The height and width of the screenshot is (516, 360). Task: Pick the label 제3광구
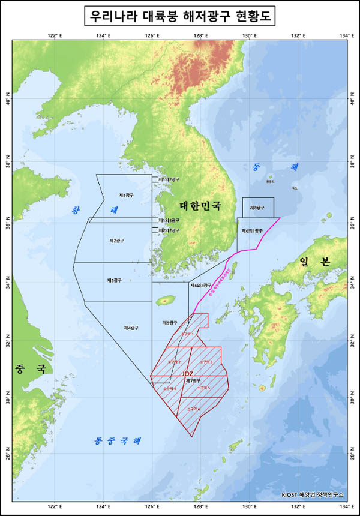click(x=114, y=280)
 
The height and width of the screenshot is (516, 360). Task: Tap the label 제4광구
click(x=131, y=328)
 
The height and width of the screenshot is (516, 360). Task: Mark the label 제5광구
click(x=170, y=323)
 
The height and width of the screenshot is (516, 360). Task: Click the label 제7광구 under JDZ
click(x=193, y=380)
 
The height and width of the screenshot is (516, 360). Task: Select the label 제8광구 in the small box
click(x=258, y=208)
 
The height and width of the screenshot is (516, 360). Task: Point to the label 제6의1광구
click(x=252, y=230)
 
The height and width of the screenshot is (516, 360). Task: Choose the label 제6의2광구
click(x=200, y=286)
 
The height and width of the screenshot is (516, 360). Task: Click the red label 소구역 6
click(x=193, y=409)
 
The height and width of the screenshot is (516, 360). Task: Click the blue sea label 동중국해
click(x=118, y=441)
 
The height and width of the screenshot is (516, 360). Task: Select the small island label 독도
click(x=294, y=188)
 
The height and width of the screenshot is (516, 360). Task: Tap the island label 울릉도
click(x=270, y=181)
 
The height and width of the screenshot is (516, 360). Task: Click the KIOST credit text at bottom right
click(x=312, y=495)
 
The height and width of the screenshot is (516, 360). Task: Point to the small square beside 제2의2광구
click(x=154, y=230)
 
